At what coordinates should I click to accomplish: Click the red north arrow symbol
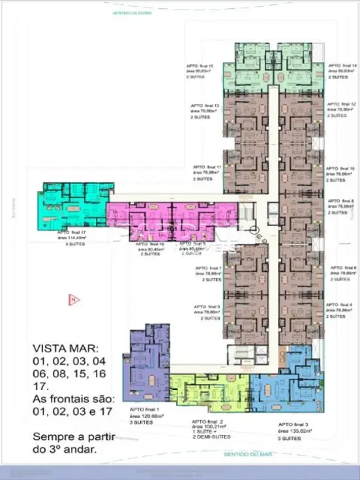pyautogui.click(x=74, y=299)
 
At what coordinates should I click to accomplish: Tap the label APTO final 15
pyautogui.click(x=200, y=66)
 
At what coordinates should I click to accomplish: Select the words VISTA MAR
pyautogui.click(x=58, y=349)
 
